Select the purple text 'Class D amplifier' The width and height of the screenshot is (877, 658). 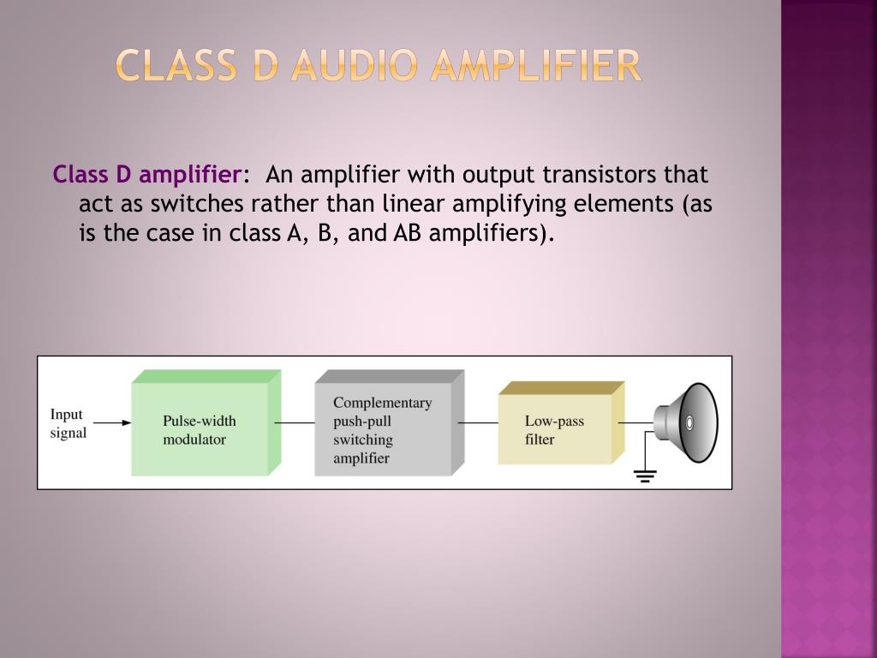[146, 175]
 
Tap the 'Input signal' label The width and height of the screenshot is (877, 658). [68, 423]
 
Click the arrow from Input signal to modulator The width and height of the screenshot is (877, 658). [112, 422]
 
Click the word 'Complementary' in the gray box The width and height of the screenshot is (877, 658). [382, 403]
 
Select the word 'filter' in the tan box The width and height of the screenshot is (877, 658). [540, 440]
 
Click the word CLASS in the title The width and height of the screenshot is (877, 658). [176, 66]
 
